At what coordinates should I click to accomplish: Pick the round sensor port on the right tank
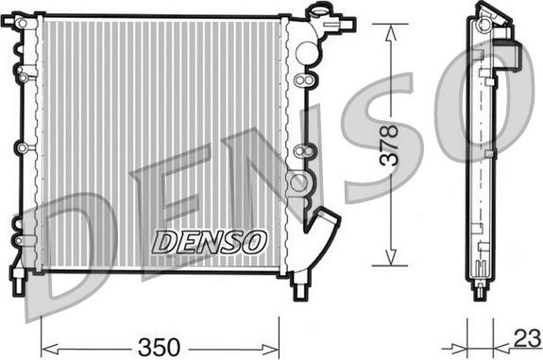298,181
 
